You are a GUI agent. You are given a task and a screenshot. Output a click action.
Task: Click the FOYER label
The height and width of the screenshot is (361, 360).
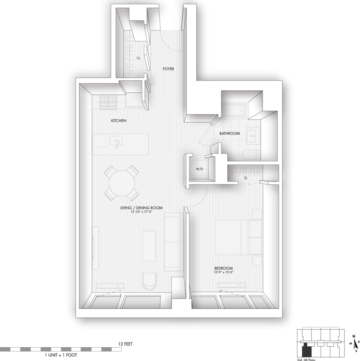pyautogui.click(x=168, y=69)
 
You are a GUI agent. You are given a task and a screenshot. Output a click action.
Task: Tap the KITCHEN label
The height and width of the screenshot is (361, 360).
pyautogui.click(x=118, y=121)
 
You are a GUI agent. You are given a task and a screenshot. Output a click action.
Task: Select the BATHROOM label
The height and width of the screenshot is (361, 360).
pyautogui.click(x=229, y=134)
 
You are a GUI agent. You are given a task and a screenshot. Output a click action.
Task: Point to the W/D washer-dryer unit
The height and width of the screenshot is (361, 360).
pyautogui.click(x=199, y=169)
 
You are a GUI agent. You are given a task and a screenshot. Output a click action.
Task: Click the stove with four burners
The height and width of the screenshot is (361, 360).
pyautogui.click(x=109, y=102)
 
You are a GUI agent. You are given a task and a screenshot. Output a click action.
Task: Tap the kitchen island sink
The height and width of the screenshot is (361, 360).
pyautogui.click(x=116, y=141)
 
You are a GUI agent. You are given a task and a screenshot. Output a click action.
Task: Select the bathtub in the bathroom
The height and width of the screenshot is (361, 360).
pyautogui.click(x=233, y=112)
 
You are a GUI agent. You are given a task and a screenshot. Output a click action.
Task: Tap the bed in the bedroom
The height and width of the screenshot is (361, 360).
pyautogui.click(x=238, y=237)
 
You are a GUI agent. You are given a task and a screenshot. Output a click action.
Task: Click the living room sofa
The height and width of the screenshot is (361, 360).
pyautogui.click(x=173, y=242)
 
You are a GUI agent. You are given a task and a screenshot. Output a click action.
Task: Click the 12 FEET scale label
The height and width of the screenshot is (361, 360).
pyautogui.click(x=125, y=344)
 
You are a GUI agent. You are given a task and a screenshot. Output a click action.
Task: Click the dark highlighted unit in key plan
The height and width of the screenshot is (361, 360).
pyautogui.click(x=307, y=351)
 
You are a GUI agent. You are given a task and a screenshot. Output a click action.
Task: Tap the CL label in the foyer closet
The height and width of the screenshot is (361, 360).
pyautogui.click(x=138, y=58)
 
